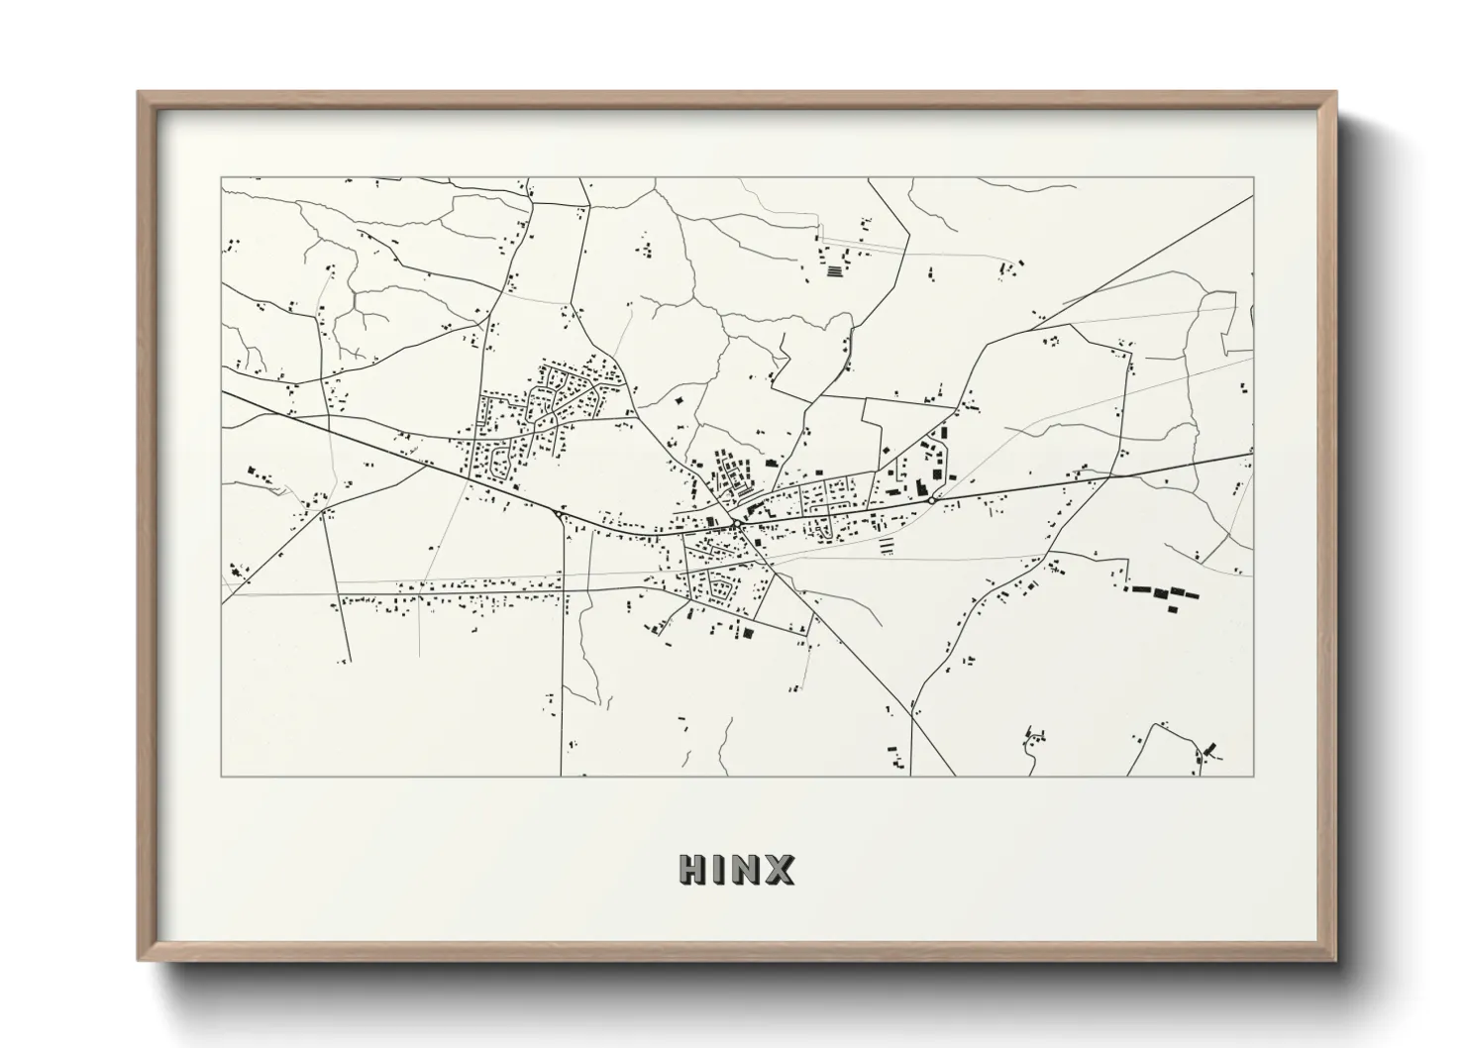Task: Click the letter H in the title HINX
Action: tap(692, 870)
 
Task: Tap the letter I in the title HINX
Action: tap(719, 870)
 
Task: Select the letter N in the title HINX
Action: tap(747, 870)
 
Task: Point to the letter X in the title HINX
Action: tap(780, 870)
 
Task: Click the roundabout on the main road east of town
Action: tap(932, 501)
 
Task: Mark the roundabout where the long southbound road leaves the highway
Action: tap(562, 515)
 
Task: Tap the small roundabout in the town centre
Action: tap(738, 521)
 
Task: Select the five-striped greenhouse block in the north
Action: tap(838, 269)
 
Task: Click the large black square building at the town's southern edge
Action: tap(749, 631)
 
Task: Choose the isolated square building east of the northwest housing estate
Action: tap(680, 398)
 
